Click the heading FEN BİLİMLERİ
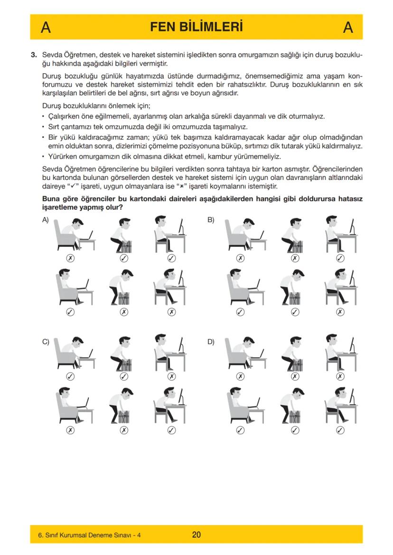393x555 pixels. coord(196,27)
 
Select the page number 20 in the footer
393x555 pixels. coord(196,535)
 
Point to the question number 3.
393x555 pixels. coord(34,55)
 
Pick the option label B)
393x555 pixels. coord(211,220)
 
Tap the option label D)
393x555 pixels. coord(211,341)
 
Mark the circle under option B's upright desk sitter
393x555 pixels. coord(340,258)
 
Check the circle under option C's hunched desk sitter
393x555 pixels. coord(171,430)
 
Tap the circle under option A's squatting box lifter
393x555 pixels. coord(124,258)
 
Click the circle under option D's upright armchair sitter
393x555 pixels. coord(241,430)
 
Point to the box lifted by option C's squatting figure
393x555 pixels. coord(125,365)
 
